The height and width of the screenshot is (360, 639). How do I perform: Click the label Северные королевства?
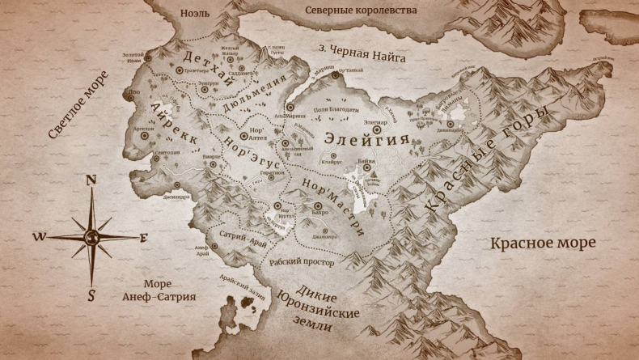(362, 11)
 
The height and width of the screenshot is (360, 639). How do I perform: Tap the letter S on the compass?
(91, 295)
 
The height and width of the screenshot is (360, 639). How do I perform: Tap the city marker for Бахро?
(319, 206)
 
